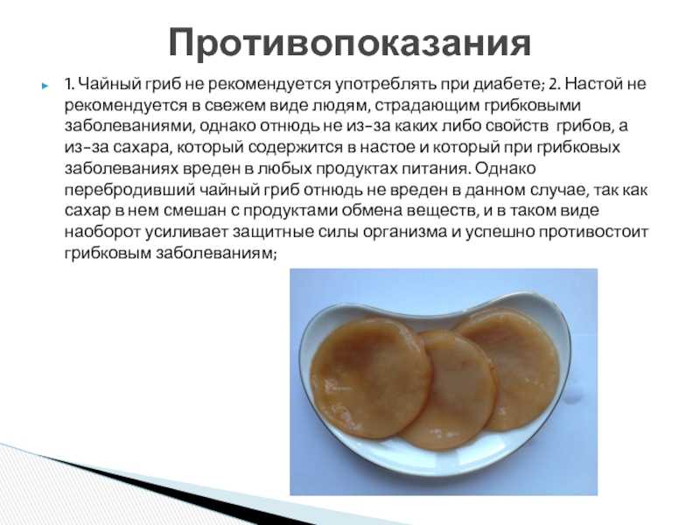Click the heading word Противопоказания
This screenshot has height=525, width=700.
[x=349, y=43]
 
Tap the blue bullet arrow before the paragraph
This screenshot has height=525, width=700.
[x=45, y=85]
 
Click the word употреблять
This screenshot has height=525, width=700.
[x=386, y=85]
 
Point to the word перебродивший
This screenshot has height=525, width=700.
[x=130, y=190]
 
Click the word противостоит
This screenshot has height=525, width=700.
[x=593, y=233]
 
